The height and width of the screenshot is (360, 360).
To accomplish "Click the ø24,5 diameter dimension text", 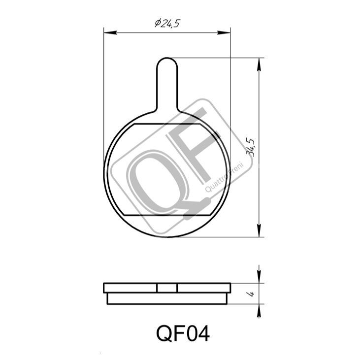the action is point(167,23).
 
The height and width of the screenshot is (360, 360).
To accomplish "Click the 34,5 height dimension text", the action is point(251,148).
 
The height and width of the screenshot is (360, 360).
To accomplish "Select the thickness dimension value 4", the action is point(252,294).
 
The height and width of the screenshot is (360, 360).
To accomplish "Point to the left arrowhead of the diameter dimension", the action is point(110,33).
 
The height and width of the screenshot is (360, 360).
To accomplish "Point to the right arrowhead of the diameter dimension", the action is point(224,33).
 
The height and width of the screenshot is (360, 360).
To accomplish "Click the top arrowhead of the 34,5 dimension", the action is point(259,65).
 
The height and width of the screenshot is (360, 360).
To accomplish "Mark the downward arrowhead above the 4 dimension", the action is point(259,277).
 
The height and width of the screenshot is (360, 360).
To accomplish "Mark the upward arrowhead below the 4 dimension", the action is point(259,311).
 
